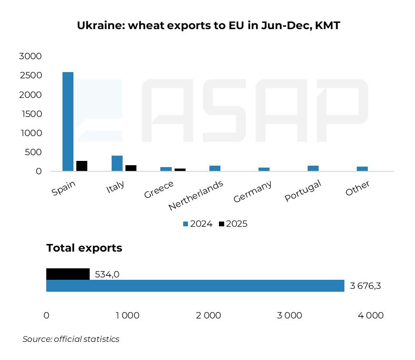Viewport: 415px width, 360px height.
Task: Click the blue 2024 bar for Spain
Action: [68, 122]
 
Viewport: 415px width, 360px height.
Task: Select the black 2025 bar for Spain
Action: [82, 166]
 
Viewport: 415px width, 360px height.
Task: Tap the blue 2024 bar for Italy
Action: [117, 163]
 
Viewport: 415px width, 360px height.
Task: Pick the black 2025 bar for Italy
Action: [131, 168]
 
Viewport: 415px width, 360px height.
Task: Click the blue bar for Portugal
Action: [313, 169]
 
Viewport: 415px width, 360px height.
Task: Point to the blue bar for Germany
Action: [264, 169]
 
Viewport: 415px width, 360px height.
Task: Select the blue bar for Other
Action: [362, 169]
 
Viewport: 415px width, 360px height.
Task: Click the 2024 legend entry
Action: [197, 224]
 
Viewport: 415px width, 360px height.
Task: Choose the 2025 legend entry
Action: [233, 224]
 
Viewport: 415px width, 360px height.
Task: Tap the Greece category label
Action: [159, 190]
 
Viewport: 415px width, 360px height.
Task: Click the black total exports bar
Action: [68, 274]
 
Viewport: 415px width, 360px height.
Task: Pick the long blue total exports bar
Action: [195, 286]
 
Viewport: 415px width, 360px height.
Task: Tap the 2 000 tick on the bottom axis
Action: [208, 316]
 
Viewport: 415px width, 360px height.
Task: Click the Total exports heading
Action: [84, 248]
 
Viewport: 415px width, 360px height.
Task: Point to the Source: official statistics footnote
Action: [71, 339]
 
